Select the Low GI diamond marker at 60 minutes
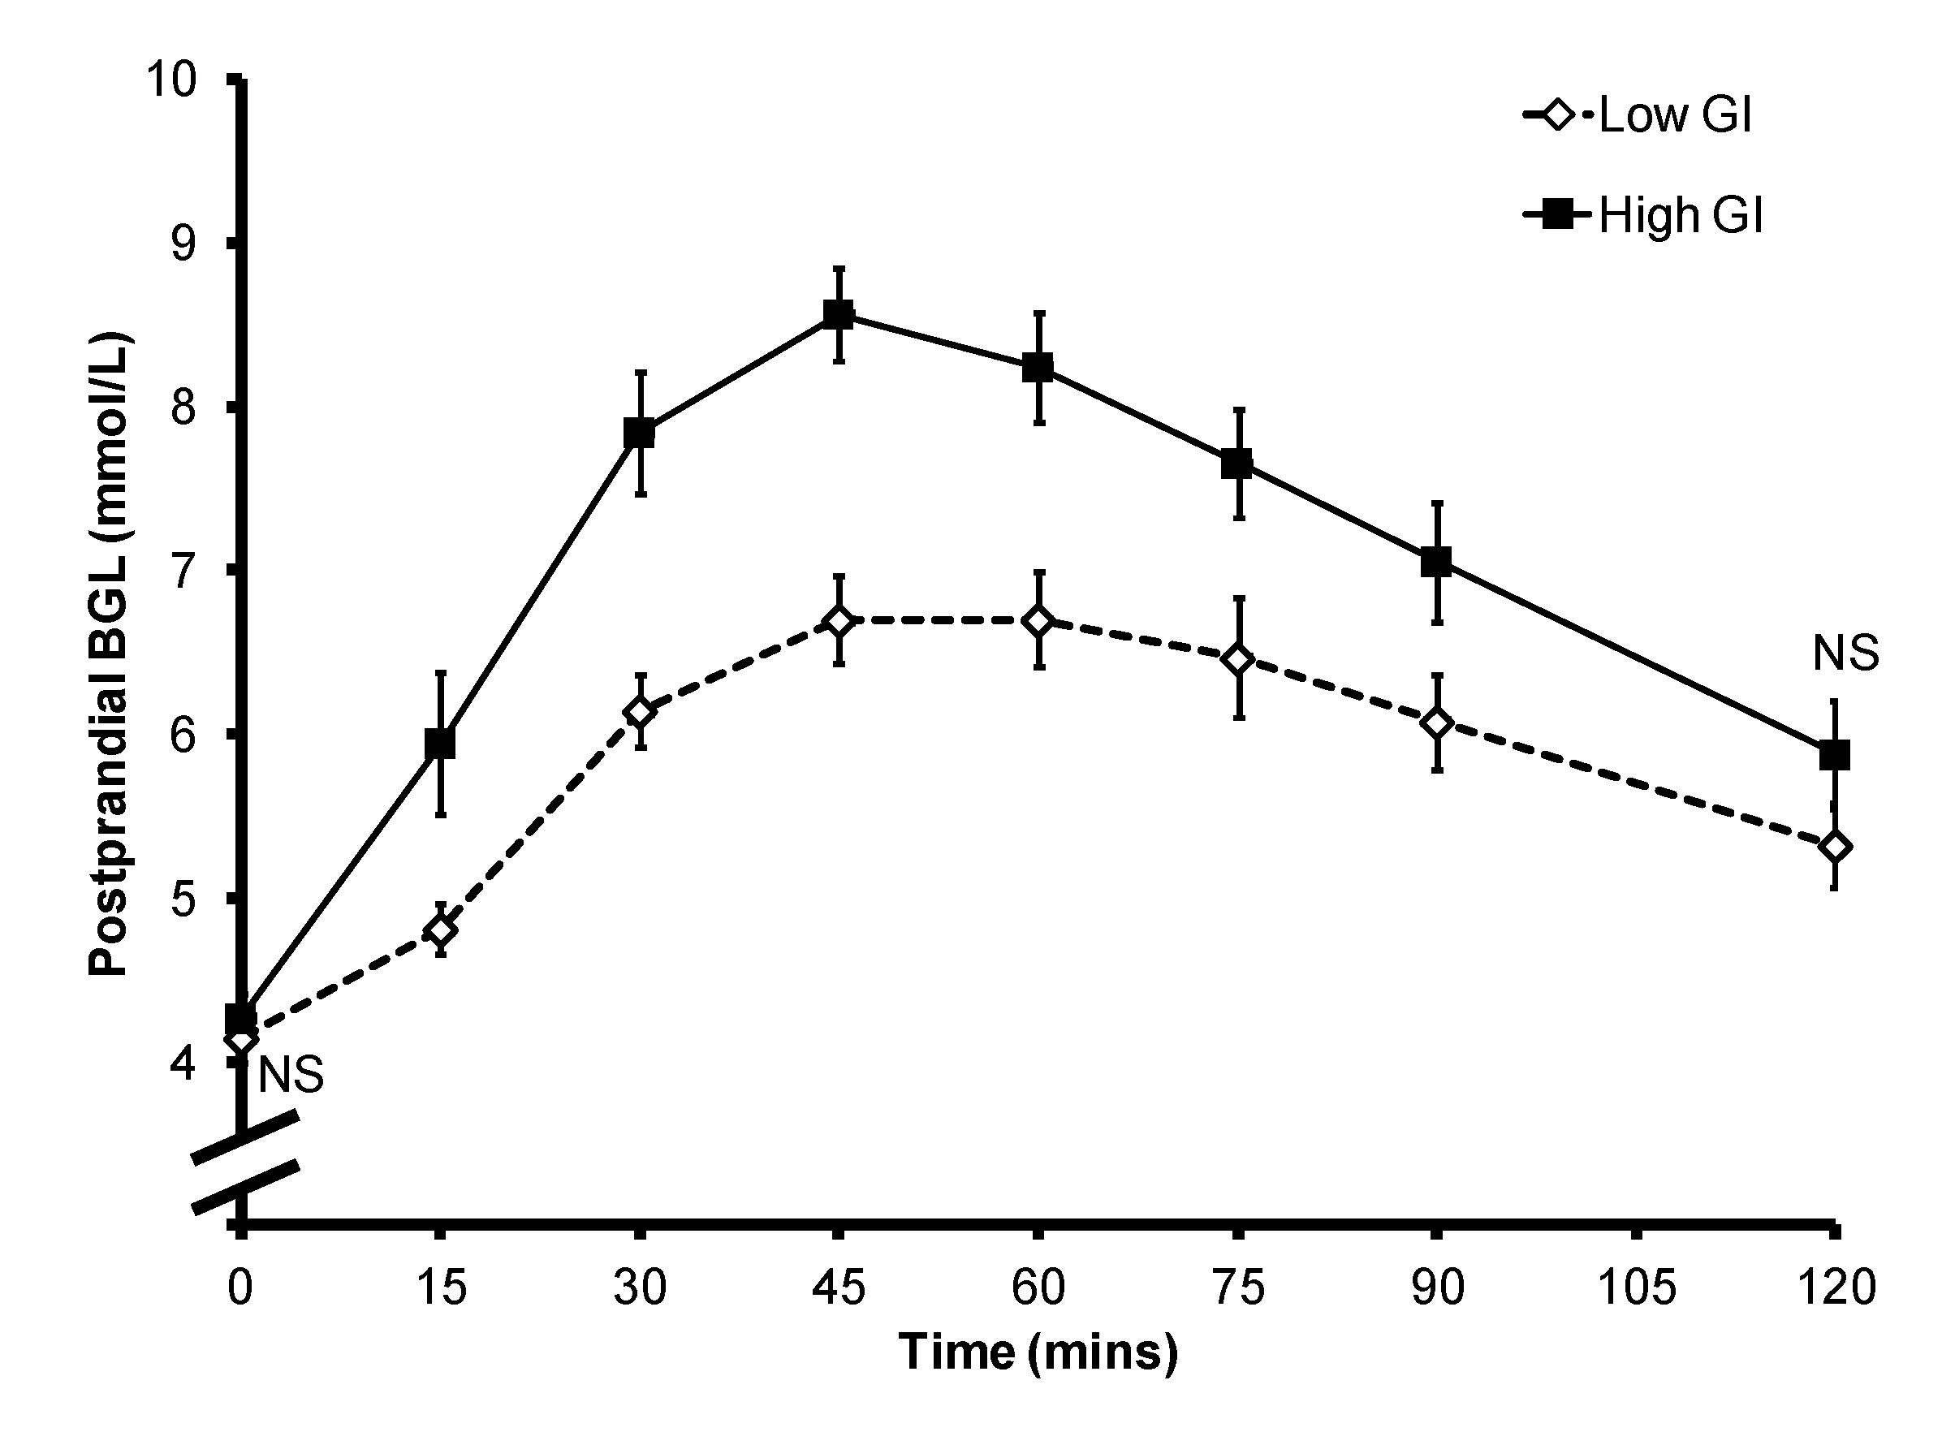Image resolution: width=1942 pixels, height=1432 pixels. (x=1038, y=621)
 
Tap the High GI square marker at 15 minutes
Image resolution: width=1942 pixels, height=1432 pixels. (x=439, y=743)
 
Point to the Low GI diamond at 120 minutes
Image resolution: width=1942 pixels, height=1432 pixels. (x=1835, y=847)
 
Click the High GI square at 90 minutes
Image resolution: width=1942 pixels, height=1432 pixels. (x=1436, y=562)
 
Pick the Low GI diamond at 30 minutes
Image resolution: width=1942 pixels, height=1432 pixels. (x=640, y=712)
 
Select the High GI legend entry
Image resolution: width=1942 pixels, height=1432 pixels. (x=1643, y=214)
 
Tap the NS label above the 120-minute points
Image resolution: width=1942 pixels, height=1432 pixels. (x=1845, y=653)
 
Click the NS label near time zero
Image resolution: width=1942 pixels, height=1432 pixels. (x=291, y=1076)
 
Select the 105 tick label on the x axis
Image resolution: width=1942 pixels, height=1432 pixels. (x=1636, y=1287)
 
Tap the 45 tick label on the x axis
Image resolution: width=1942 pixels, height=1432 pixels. (x=839, y=1287)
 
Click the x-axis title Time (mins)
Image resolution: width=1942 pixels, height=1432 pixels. (x=1038, y=1352)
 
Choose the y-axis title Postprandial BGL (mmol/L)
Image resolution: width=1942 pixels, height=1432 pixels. (x=110, y=654)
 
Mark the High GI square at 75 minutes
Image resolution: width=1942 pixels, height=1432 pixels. (x=1237, y=463)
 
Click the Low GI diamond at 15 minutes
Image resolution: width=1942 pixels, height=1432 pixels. (x=440, y=930)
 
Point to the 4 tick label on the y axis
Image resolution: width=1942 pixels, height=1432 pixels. (x=183, y=1063)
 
